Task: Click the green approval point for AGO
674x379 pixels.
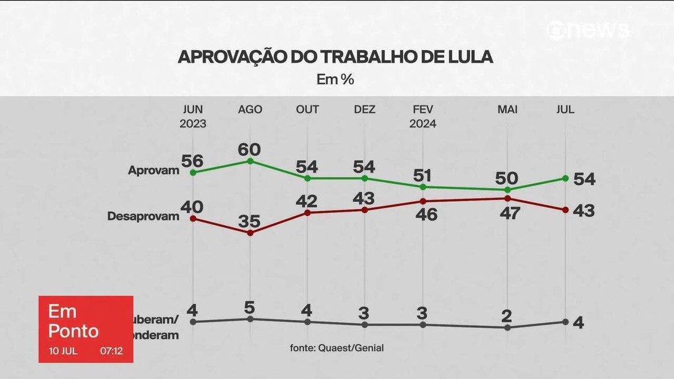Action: (251, 161)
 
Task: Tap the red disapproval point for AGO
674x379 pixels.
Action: (251, 232)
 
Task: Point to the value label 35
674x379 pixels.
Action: (249, 221)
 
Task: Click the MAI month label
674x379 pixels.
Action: (508, 109)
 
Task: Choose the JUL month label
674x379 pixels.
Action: (565, 109)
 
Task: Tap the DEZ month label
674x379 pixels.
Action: (365, 109)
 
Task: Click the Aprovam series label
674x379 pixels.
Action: (153, 170)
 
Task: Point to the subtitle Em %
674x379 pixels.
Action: (335, 80)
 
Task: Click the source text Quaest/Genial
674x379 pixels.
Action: (352, 348)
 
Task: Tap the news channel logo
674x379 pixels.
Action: (588, 30)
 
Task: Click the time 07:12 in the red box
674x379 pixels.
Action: (111, 352)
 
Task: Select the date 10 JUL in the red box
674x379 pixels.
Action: (63, 352)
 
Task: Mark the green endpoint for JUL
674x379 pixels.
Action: (565, 179)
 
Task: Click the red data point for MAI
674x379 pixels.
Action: (508, 198)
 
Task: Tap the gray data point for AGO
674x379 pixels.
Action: (251, 319)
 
